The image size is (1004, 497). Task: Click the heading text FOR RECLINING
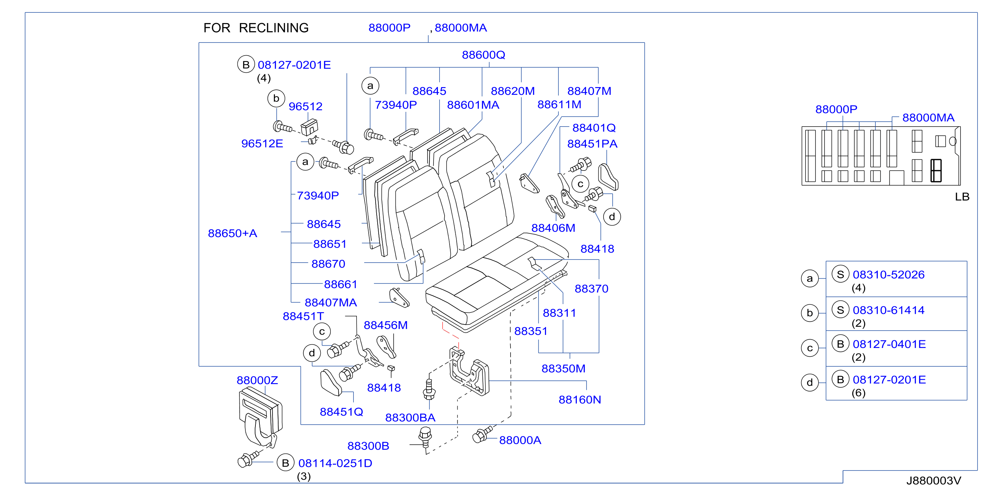tap(256, 28)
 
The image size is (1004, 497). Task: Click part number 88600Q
tap(483, 55)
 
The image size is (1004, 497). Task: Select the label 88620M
tap(513, 91)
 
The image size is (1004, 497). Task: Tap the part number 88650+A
tap(232, 233)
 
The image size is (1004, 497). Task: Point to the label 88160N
tap(580, 400)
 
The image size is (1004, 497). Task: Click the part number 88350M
tap(563, 369)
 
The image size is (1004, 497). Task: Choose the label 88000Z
tap(257, 380)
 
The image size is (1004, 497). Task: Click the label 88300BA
tap(410, 418)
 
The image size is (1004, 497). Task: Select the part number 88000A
tap(520, 440)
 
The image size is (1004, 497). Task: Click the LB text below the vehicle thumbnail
tap(962, 197)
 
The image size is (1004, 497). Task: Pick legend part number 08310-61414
tap(888, 310)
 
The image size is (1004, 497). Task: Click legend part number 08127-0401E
tap(889, 344)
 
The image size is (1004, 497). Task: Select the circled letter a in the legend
tap(809, 279)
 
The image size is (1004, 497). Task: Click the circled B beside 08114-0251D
tap(285, 463)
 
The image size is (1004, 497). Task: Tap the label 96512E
tap(262, 144)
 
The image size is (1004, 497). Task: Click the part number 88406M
tap(553, 228)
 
